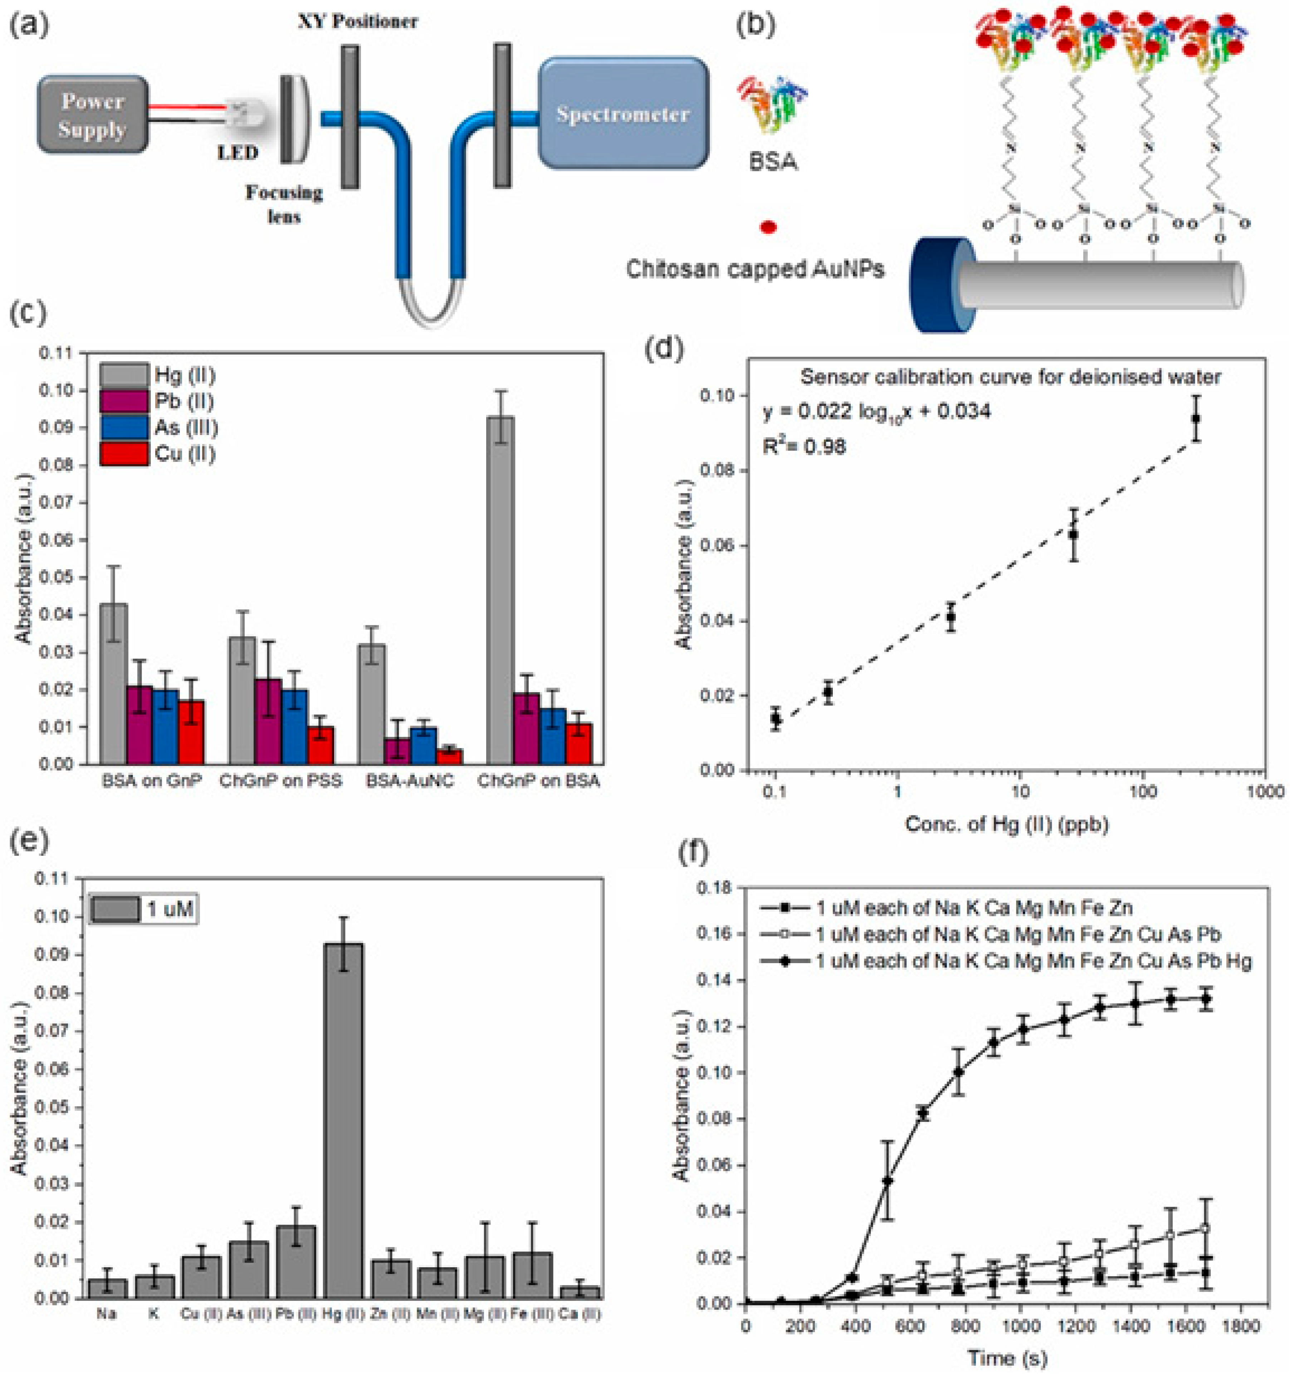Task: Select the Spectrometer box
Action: (623, 113)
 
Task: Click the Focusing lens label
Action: (284, 204)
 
